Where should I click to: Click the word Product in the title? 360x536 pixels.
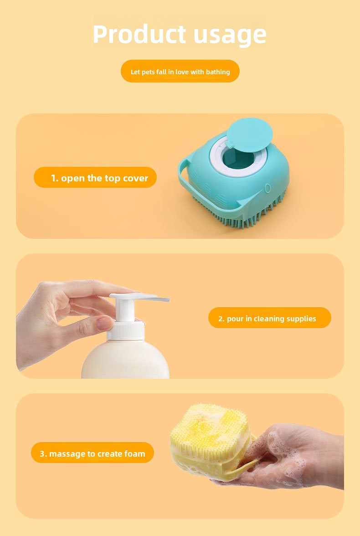(x=139, y=34)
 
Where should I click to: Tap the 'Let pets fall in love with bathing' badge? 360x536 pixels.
(x=180, y=72)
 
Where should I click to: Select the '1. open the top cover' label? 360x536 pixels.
(x=95, y=177)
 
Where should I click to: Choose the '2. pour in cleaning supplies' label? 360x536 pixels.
(x=270, y=318)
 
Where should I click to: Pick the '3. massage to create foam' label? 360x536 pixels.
(x=93, y=453)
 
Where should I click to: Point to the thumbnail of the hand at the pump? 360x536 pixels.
(x=105, y=323)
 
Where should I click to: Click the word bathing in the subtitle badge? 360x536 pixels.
(x=218, y=72)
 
